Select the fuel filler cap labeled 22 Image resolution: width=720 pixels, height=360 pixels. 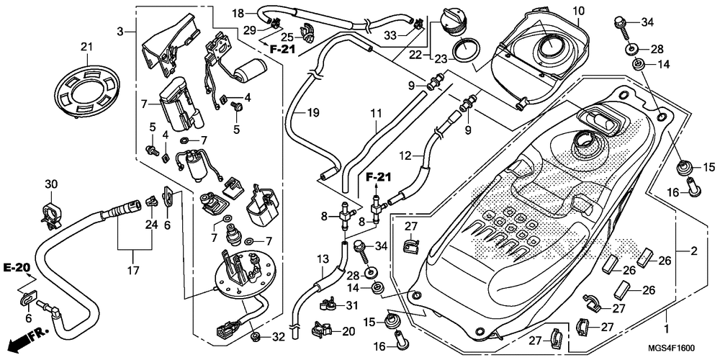[x=451, y=19]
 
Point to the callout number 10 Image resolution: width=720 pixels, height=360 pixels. [x=579, y=10]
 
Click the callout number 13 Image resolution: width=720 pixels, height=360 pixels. [x=321, y=258]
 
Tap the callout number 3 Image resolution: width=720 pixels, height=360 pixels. [x=122, y=31]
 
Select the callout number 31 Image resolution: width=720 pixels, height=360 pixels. [x=351, y=306]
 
